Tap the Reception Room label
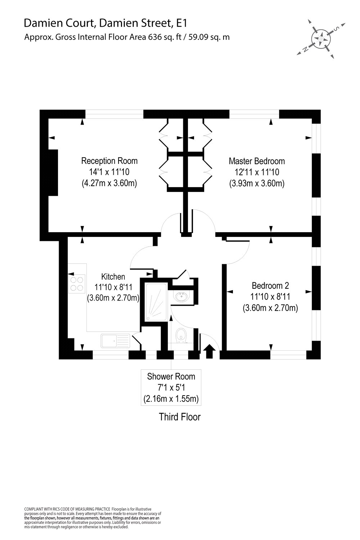(x=109, y=161)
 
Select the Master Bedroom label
(x=257, y=161)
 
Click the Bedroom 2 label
(x=270, y=285)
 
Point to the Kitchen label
(x=113, y=276)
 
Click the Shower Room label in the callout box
(x=171, y=377)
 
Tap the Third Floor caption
(x=180, y=417)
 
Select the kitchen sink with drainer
(x=115, y=341)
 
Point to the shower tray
(x=156, y=302)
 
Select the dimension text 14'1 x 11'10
(x=109, y=172)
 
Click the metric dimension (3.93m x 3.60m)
(x=257, y=184)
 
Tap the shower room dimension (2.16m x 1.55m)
(x=171, y=399)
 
